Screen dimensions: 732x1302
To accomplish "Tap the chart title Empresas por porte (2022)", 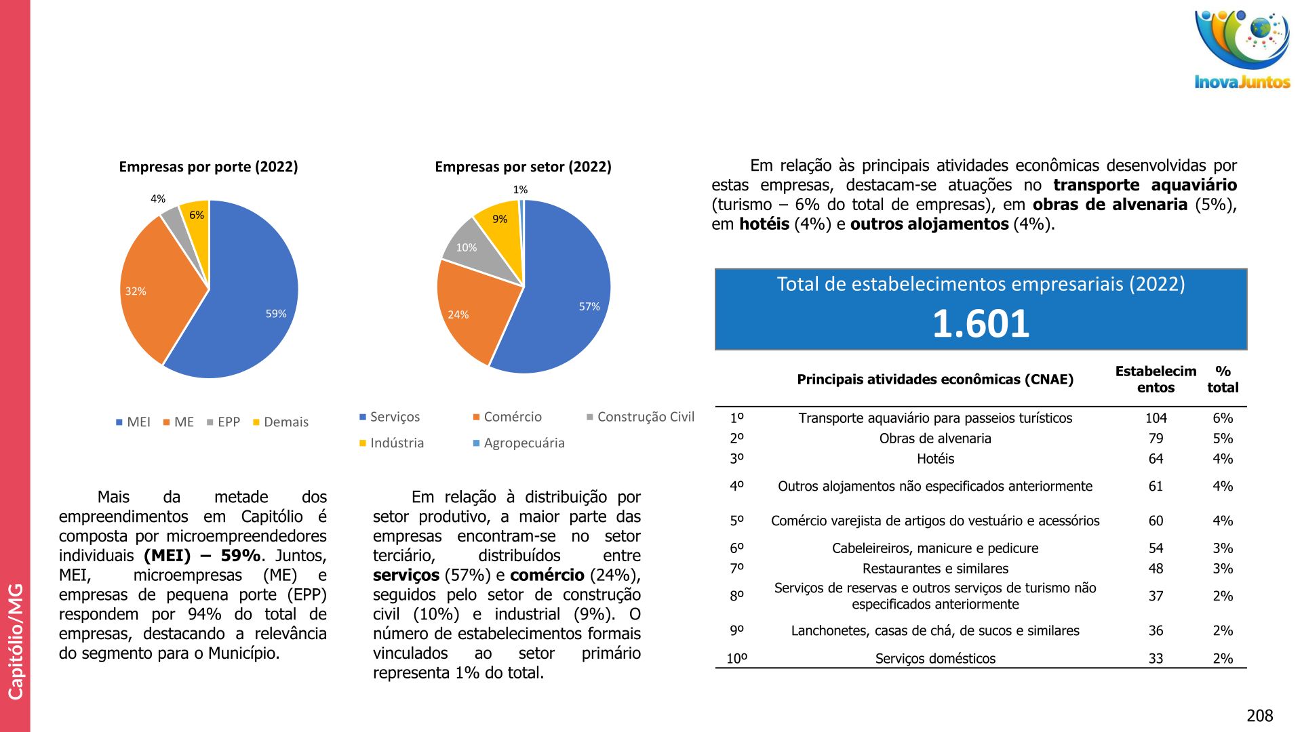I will coord(208,167).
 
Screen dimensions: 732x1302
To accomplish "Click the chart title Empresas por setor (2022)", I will coord(523,167).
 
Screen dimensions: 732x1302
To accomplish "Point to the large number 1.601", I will coord(981,323).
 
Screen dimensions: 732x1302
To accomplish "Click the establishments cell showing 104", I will coord(1156,418).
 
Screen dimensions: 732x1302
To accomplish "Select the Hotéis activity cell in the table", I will coord(935,459).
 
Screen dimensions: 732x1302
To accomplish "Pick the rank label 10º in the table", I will coord(736,659).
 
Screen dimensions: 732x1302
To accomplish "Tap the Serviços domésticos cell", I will coord(935,659).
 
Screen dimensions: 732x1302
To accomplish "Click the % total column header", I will coord(1223,380).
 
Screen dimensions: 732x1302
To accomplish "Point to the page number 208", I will coord(1259,716).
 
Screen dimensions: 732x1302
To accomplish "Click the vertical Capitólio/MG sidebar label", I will coord(15,640).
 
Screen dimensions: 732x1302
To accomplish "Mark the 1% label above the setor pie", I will coord(520,190).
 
